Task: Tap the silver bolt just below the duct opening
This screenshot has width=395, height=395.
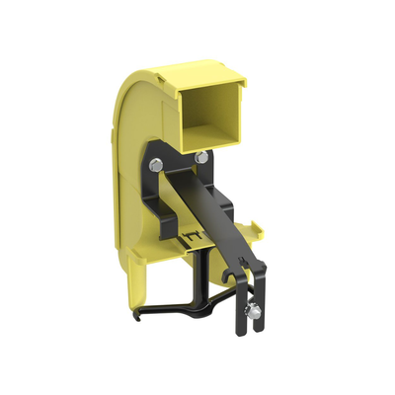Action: coord(201,157)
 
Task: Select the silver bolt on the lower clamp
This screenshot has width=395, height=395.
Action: coord(254,313)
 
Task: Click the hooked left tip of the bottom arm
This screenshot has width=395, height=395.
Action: coord(138,317)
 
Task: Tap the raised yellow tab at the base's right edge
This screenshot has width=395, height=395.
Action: coord(259,230)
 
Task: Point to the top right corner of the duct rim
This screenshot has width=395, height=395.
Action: coord(244,88)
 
